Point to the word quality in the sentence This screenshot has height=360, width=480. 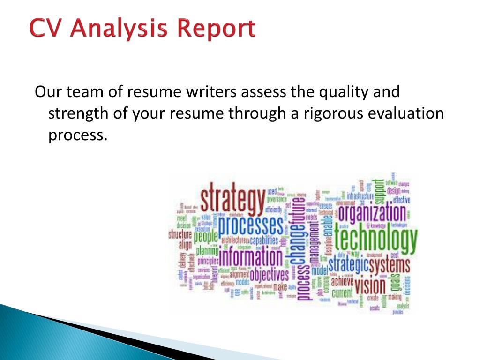(x=343, y=91)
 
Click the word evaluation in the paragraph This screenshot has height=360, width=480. (x=409, y=113)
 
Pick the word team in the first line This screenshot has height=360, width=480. (x=84, y=91)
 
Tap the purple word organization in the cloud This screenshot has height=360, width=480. (x=372, y=213)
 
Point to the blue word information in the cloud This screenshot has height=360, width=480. (x=251, y=257)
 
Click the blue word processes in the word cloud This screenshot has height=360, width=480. (x=250, y=226)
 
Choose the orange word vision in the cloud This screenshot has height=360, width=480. (x=370, y=285)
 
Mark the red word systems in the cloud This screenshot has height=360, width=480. (x=389, y=265)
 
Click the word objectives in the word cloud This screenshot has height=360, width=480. (x=269, y=274)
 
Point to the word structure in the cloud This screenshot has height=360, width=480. (x=180, y=234)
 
